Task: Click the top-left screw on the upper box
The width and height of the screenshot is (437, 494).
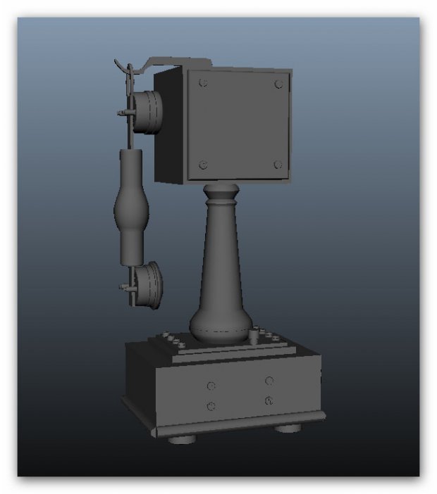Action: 204,83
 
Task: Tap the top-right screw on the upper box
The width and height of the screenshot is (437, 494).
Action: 279,84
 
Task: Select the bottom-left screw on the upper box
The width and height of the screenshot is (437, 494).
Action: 204,165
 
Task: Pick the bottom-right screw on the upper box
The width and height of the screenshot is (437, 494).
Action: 278,165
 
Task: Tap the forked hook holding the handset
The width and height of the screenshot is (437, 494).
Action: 127,70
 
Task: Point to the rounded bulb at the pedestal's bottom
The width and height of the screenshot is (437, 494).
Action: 221,328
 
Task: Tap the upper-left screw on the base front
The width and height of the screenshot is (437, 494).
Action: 211,386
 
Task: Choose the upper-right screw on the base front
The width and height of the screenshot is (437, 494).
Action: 269,381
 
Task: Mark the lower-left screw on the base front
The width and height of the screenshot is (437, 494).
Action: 211,406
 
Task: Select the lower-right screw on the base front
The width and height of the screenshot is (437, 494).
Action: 269,400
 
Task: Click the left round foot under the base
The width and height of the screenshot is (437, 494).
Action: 182,438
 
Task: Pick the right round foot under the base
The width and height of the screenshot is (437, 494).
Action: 287,426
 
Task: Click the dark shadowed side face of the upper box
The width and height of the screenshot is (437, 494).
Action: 168,127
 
